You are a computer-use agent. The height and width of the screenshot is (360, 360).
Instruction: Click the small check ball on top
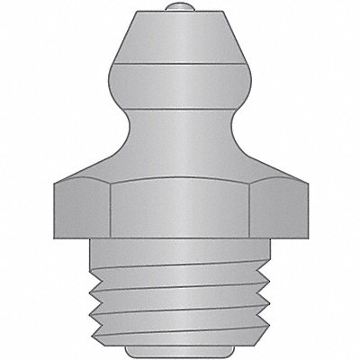click(180, 10)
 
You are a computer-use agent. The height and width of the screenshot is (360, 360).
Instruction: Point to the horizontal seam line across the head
click(180, 66)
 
